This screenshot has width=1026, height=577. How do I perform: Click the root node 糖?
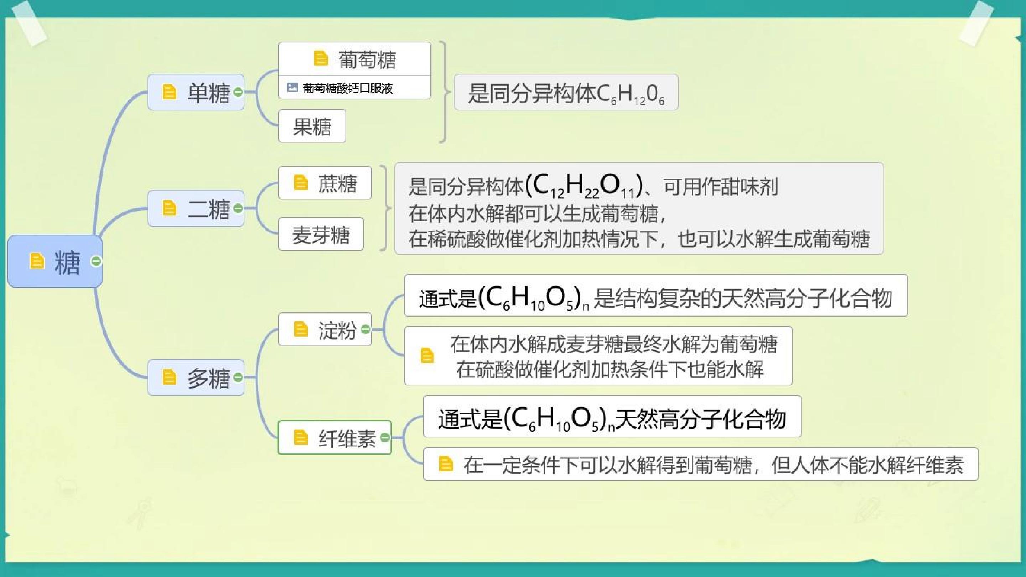pos(55,261)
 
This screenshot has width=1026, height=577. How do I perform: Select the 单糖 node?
pos(196,92)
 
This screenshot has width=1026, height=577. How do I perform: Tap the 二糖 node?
pos(196,208)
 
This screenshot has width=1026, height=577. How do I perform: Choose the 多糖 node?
pos(196,377)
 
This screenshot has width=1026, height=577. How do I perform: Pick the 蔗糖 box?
pos(325,183)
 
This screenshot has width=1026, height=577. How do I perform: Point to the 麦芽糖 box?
pos(321,234)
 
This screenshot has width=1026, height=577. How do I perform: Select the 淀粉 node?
pos(325,329)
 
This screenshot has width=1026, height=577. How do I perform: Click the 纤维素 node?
pos(335,437)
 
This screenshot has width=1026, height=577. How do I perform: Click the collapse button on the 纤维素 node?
pos(385,438)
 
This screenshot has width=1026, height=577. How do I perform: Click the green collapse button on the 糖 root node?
pos(96,261)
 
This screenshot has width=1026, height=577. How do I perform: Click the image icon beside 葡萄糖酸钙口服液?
pos(292,87)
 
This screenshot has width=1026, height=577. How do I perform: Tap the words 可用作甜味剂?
pos(720,186)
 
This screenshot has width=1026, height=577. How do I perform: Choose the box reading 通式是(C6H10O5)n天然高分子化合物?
pos(612,416)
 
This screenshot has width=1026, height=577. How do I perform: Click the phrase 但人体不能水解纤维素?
pos(867,465)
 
